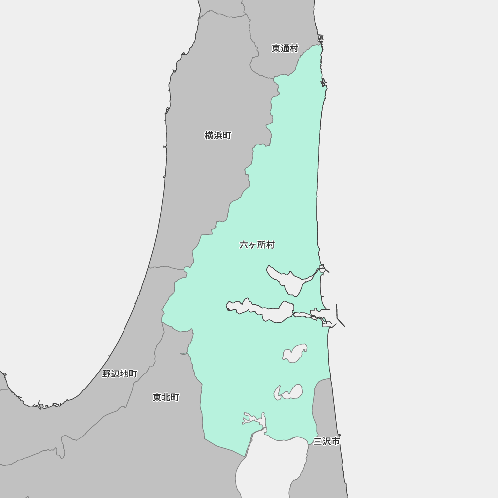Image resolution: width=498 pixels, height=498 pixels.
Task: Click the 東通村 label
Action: pyautogui.click(x=285, y=48)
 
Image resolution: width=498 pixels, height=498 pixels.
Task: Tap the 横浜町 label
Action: pyautogui.click(x=218, y=135)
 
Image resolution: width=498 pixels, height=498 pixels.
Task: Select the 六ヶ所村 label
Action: pyautogui.click(x=257, y=245)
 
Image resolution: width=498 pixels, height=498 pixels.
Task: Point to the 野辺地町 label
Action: pyautogui.click(x=120, y=373)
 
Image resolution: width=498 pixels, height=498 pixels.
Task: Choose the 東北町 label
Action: pyautogui.click(x=166, y=397)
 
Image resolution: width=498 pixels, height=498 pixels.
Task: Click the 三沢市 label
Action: pyautogui.click(x=327, y=441)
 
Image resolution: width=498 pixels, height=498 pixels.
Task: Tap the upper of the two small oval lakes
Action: pyautogui.click(x=295, y=353)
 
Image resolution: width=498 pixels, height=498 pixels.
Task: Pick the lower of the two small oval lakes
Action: pyautogui.click(x=290, y=392)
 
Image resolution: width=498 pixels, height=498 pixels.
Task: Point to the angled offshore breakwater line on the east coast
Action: pyautogui.click(x=340, y=316)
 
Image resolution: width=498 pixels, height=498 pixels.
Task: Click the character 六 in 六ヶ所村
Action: pyautogui.click(x=244, y=245)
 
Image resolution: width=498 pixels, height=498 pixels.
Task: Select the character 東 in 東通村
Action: pyautogui.click(x=276, y=48)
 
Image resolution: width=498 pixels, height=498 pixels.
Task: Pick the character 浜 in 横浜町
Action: pyautogui.click(x=218, y=135)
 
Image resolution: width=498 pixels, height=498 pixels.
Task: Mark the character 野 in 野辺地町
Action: pyautogui.click(x=106, y=373)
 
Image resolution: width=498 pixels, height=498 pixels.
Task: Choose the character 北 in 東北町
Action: pyautogui.click(x=166, y=397)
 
